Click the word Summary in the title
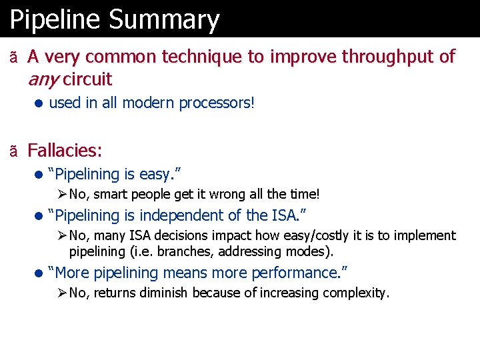(x=164, y=20)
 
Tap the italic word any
(x=43, y=79)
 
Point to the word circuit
(x=87, y=79)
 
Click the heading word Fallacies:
(x=65, y=150)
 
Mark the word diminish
(x=165, y=293)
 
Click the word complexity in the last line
(x=357, y=293)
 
